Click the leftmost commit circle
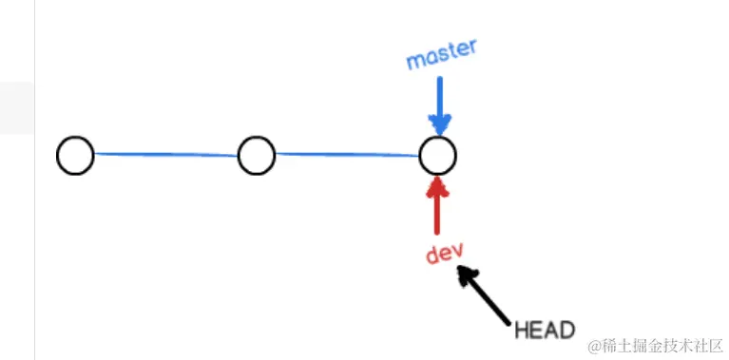pos(75,156)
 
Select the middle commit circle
pos(256,156)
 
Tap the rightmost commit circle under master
pos(437,155)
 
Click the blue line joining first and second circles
pos(166,154)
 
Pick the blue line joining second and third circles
pos(347,154)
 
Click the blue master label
pos(441,56)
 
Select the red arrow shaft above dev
pos(437,214)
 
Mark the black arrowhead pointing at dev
pos(466,275)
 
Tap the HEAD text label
pos(545,331)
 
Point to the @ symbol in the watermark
pos(596,346)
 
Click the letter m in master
pos(414,62)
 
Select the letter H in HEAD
pos(521,331)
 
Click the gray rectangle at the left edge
pos(16,107)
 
